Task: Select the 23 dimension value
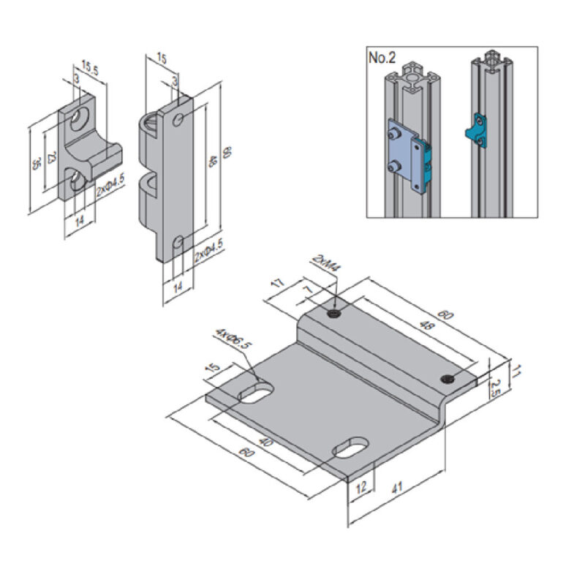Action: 50,159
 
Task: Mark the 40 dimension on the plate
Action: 265,443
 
